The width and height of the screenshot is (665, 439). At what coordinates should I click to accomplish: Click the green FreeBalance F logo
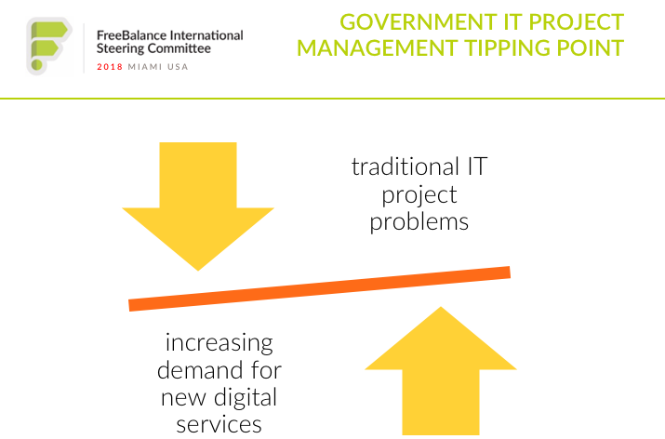tap(49, 47)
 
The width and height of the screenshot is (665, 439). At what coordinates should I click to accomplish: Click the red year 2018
tap(110, 67)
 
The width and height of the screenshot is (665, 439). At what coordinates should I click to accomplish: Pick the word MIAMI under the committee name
tap(145, 67)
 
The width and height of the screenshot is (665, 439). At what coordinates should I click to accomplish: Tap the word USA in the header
tap(178, 67)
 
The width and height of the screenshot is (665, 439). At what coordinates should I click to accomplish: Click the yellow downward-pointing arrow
tap(198, 206)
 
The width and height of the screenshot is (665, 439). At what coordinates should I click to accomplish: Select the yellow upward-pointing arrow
tap(441, 371)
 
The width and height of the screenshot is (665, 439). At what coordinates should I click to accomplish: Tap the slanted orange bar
tap(319, 289)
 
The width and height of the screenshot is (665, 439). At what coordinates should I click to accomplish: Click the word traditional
tap(406, 166)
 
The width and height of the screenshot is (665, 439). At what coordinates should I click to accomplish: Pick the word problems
tap(419, 222)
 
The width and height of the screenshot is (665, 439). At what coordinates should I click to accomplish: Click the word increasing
tap(219, 343)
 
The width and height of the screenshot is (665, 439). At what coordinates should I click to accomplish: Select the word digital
tap(246, 397)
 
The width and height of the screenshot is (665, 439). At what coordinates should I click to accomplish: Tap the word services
tap(219, 424)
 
